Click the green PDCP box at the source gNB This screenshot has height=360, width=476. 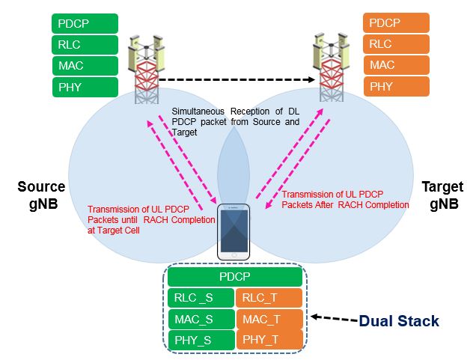85,22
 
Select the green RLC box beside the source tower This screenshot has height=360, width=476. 85,44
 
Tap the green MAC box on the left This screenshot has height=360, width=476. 85,66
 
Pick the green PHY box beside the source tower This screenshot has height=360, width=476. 85,87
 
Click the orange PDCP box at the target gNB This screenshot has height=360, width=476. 396,22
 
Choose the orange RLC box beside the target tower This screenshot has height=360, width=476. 396,44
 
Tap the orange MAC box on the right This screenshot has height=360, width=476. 396,66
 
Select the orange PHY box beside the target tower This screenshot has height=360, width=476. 396,87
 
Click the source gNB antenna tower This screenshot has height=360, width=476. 148,67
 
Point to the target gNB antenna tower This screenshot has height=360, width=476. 329,67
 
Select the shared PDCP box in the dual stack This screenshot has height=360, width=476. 236,277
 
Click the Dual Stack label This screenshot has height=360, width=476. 398,321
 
